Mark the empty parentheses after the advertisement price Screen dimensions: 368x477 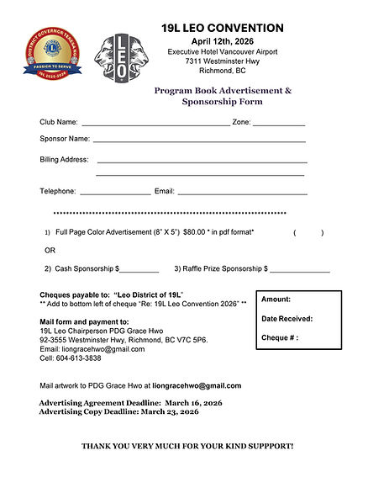point(308,233)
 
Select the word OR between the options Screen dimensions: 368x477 point(50,251)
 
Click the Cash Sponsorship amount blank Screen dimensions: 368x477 point(140,270)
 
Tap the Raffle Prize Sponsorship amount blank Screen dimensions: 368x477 point(300,270)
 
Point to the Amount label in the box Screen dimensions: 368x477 point(276,299)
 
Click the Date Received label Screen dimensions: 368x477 point(287,319)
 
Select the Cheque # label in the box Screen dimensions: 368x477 point(280,338)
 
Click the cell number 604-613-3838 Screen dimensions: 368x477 point(79,358)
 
